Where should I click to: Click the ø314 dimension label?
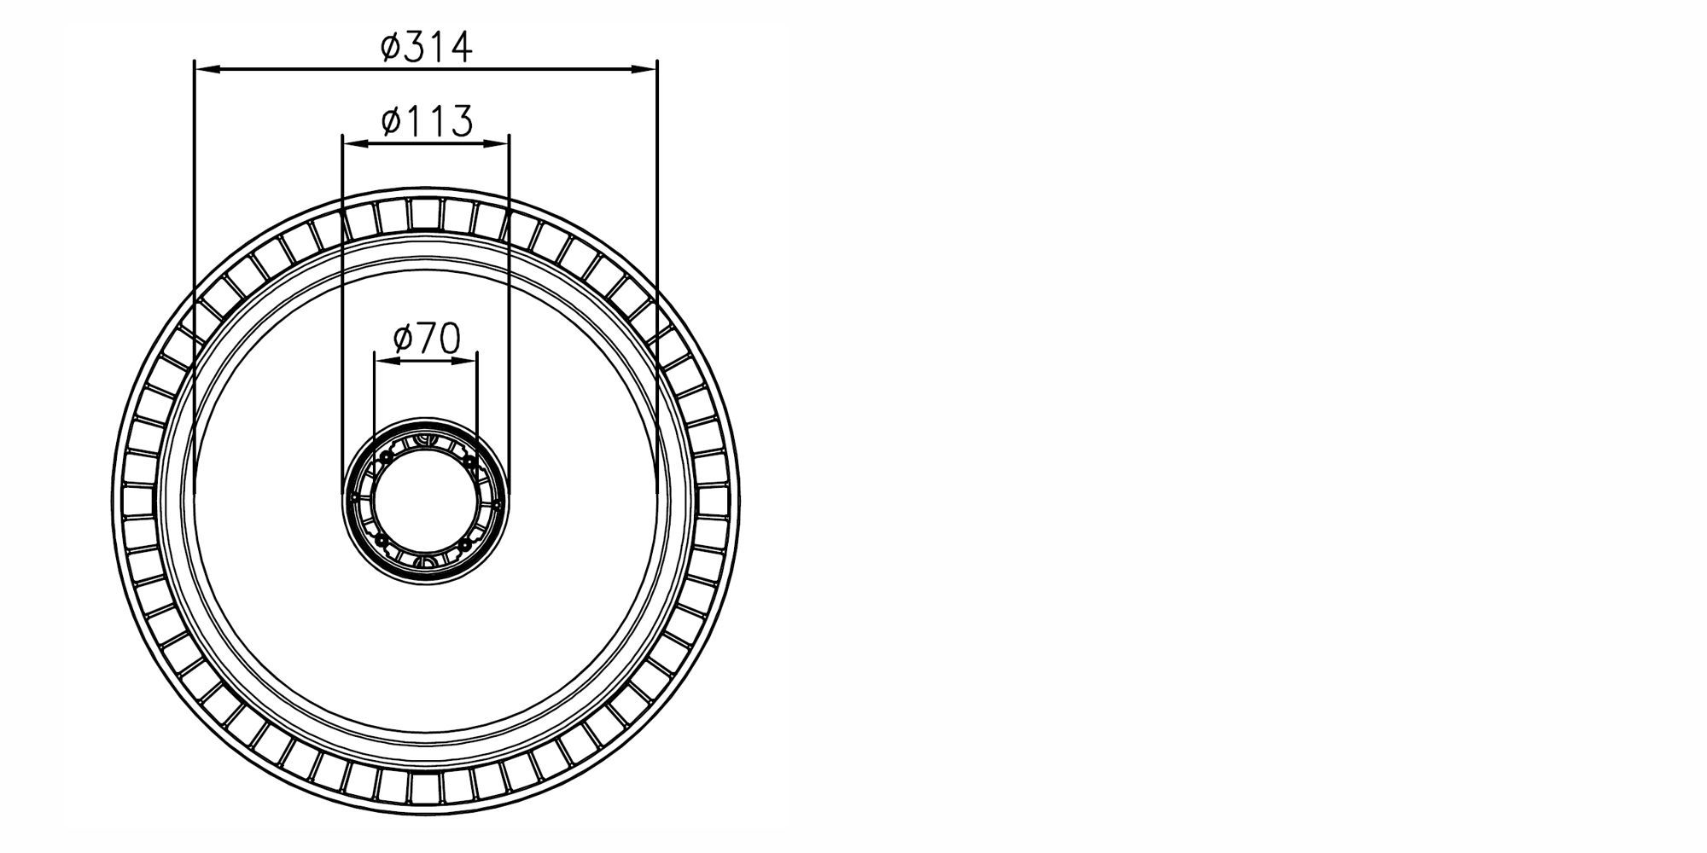(x=426, y=47)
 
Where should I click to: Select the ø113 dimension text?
(x=426, y=121)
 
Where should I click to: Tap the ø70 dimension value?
(x=426, y=339)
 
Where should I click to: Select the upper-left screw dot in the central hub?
(x=385, y=459)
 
